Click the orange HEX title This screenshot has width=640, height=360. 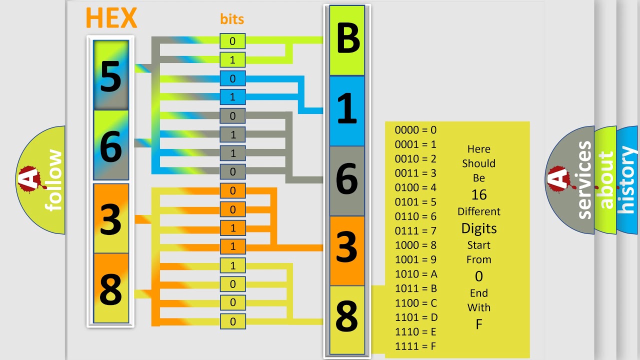(111, 18)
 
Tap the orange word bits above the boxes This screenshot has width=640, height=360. (232, 19)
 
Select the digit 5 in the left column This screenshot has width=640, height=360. (111, 76)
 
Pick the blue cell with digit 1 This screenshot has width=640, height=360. (347, 110)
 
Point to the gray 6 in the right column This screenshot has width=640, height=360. (347, 180)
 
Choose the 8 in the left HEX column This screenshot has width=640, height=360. (111, 288)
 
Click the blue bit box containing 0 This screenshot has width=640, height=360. (232, 78)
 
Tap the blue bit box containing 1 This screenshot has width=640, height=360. (232, 97)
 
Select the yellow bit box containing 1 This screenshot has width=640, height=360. (232, 265)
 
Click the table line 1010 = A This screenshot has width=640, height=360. (416, 274)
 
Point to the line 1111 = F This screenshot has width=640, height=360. (416, 346)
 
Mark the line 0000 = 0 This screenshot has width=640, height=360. (415, 130)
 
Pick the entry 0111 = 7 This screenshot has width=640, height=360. (415, 231)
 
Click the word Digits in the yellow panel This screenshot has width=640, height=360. (478, 228)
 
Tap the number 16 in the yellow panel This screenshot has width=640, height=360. (478, 195)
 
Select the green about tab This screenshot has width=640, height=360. (606, 180)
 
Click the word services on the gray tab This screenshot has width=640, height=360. (584, 180)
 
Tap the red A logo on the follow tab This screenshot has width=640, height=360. (30, 179)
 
